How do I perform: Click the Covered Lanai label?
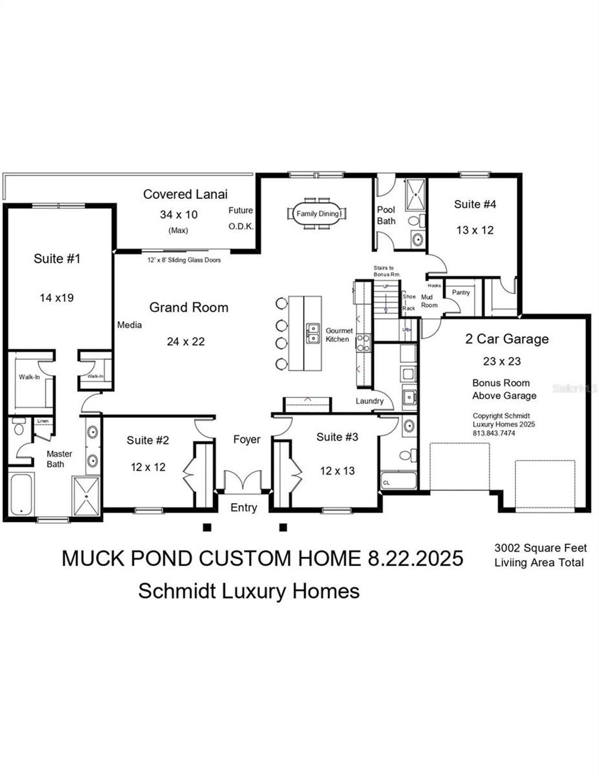click(x=185, y=194)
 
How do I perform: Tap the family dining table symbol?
click(x=318, y=214)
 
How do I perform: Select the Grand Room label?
click(x=188, y=307)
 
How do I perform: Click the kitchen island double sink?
click(x=313, y=334)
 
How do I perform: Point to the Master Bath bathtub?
click(x=21, y=495)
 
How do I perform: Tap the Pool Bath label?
click(x=386, y=215)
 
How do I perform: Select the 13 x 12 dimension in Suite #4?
click(x=475, y=230)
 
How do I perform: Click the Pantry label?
click(x=461, y=292)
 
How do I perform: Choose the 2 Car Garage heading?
click(x=507, y=339)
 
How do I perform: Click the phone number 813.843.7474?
click(x=494, y=433)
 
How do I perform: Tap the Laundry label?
click(x=370, y=401)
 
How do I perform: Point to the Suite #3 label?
click(x=337, y=437)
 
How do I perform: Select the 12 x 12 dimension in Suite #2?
click(x=148, y=467)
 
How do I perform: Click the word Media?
click(x=129, y=325)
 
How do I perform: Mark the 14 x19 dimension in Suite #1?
click(x=57, y=298)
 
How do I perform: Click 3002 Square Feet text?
click(x=541, y=548)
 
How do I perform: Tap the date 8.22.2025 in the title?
click(x=415, y=558)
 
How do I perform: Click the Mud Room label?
click(x=429, y=301)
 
